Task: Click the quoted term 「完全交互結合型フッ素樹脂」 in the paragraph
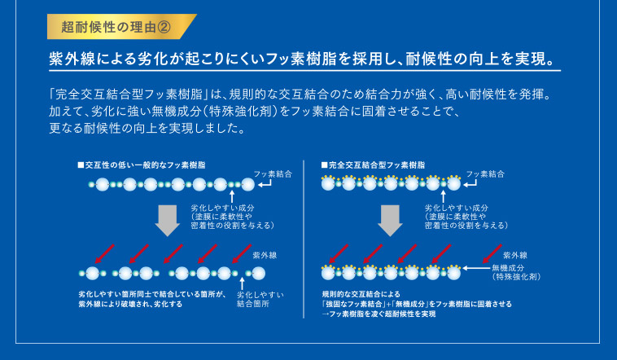[x=130, y=94]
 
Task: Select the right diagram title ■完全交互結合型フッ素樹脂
[x=373, y=165]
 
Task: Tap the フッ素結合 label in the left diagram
[x=273, y=173]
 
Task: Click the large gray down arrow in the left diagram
[x=168, y=219]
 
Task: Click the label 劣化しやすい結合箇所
[x=260, y=299]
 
